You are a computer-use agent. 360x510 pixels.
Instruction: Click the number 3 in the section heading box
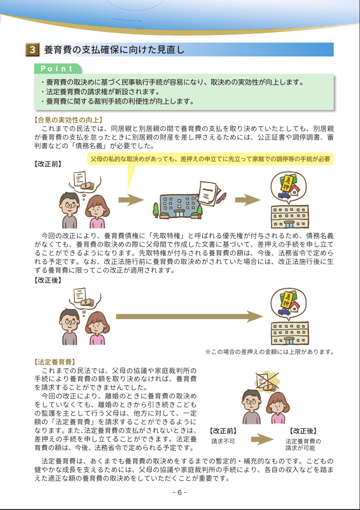[32, 49]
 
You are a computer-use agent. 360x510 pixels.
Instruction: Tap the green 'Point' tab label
[57, 68]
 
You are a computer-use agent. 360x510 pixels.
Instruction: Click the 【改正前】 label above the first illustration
[48, 163]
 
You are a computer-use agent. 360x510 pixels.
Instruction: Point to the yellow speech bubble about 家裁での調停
[210, 159]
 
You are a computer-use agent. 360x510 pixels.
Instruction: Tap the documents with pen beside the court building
[210, 191]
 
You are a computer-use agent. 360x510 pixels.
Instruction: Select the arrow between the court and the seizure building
[247, 200]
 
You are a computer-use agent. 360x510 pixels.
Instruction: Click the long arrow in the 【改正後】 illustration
[189, 316]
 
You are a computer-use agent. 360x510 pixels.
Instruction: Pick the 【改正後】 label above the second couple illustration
[48, 280]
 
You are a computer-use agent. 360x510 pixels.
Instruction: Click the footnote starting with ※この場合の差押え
[269, 352]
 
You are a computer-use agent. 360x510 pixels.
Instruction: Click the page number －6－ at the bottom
[179, 493]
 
